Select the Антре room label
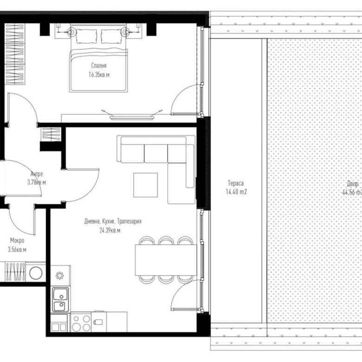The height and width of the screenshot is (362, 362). [36, 175]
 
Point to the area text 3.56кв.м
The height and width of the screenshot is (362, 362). [17, 249]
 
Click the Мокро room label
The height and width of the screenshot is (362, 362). [17, 241]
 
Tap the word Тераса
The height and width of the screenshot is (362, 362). [236, 183]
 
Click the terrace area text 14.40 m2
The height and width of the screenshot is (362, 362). [236, 192]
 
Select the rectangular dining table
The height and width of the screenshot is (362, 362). [166, 260]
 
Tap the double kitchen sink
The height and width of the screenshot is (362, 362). [60, 300]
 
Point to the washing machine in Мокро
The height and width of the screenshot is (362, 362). [36, 272]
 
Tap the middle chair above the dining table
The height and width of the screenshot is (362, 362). [166, 242]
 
